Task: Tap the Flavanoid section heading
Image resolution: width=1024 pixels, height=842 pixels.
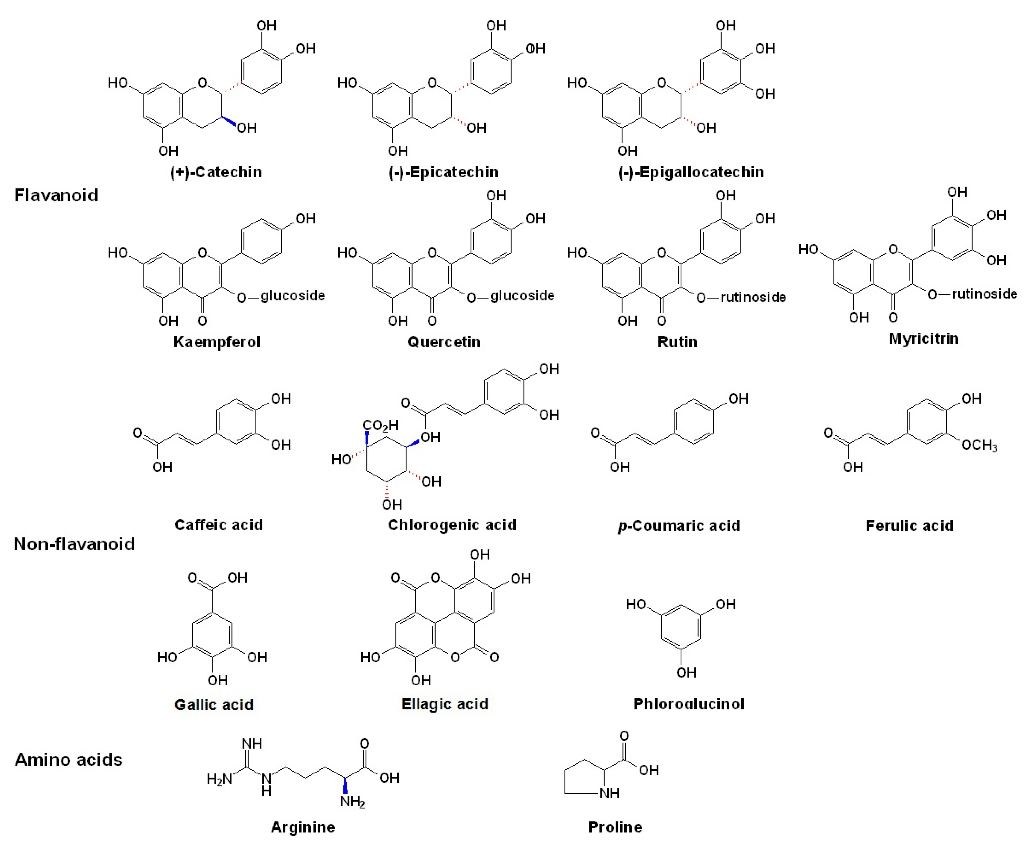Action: pyautogui.click(x=56, y=195)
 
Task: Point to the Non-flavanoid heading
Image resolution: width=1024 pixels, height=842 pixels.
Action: pyautogui.click(x=74, y=544)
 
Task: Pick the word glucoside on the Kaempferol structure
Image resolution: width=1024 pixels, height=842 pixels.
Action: pyautogui.click(x=293, y=295)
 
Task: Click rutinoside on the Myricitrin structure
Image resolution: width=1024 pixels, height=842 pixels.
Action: pyautogui.click(x=984, y=294)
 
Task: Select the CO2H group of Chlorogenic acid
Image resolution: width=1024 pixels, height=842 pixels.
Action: pyautogui.click(x=381, y=425)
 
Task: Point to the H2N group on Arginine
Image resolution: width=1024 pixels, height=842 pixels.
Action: pyautogui.click(x=219, y=779)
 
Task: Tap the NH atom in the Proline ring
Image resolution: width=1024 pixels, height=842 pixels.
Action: pyautogui.click(x=609, y=793)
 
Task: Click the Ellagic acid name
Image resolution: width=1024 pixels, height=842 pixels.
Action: pyautogui.click(x=445, y=704)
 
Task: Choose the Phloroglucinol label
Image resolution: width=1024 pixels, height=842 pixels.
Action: pyautogui.click(x=689, y=704)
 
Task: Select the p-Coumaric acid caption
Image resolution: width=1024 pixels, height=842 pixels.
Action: pyautogui.click(x=679, y=526)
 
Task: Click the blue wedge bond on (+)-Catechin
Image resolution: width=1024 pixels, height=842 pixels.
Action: pyautogui.click(x=229, y=121)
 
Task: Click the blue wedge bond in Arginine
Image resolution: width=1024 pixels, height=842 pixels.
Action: pyautogui.click(x=345, y=785)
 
